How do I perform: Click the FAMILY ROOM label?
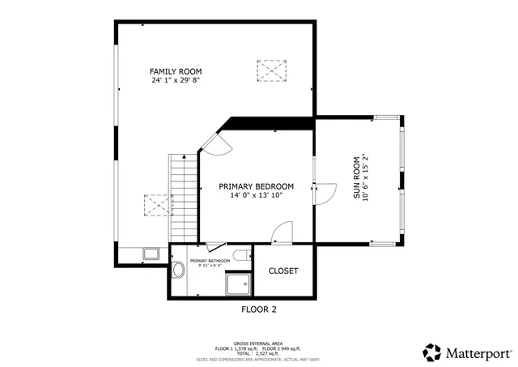[x=175, y=71]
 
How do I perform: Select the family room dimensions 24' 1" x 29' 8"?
[x=175, y=80]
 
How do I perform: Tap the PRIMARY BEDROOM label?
[x=256, y=186]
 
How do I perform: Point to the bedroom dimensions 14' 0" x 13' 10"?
[x=256, y=195]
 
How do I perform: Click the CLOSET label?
[x=283, y=271]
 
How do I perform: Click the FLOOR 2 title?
[x=259, y=309]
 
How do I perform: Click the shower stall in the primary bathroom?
[x=239, y=284]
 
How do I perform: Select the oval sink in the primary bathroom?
[x=178, y=271]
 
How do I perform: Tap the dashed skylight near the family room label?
[x=272, y=70]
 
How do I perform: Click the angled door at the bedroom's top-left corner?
[x=216, y=143]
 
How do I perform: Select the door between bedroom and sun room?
[x=324, y=193]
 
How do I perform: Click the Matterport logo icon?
[x=432, y=352]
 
